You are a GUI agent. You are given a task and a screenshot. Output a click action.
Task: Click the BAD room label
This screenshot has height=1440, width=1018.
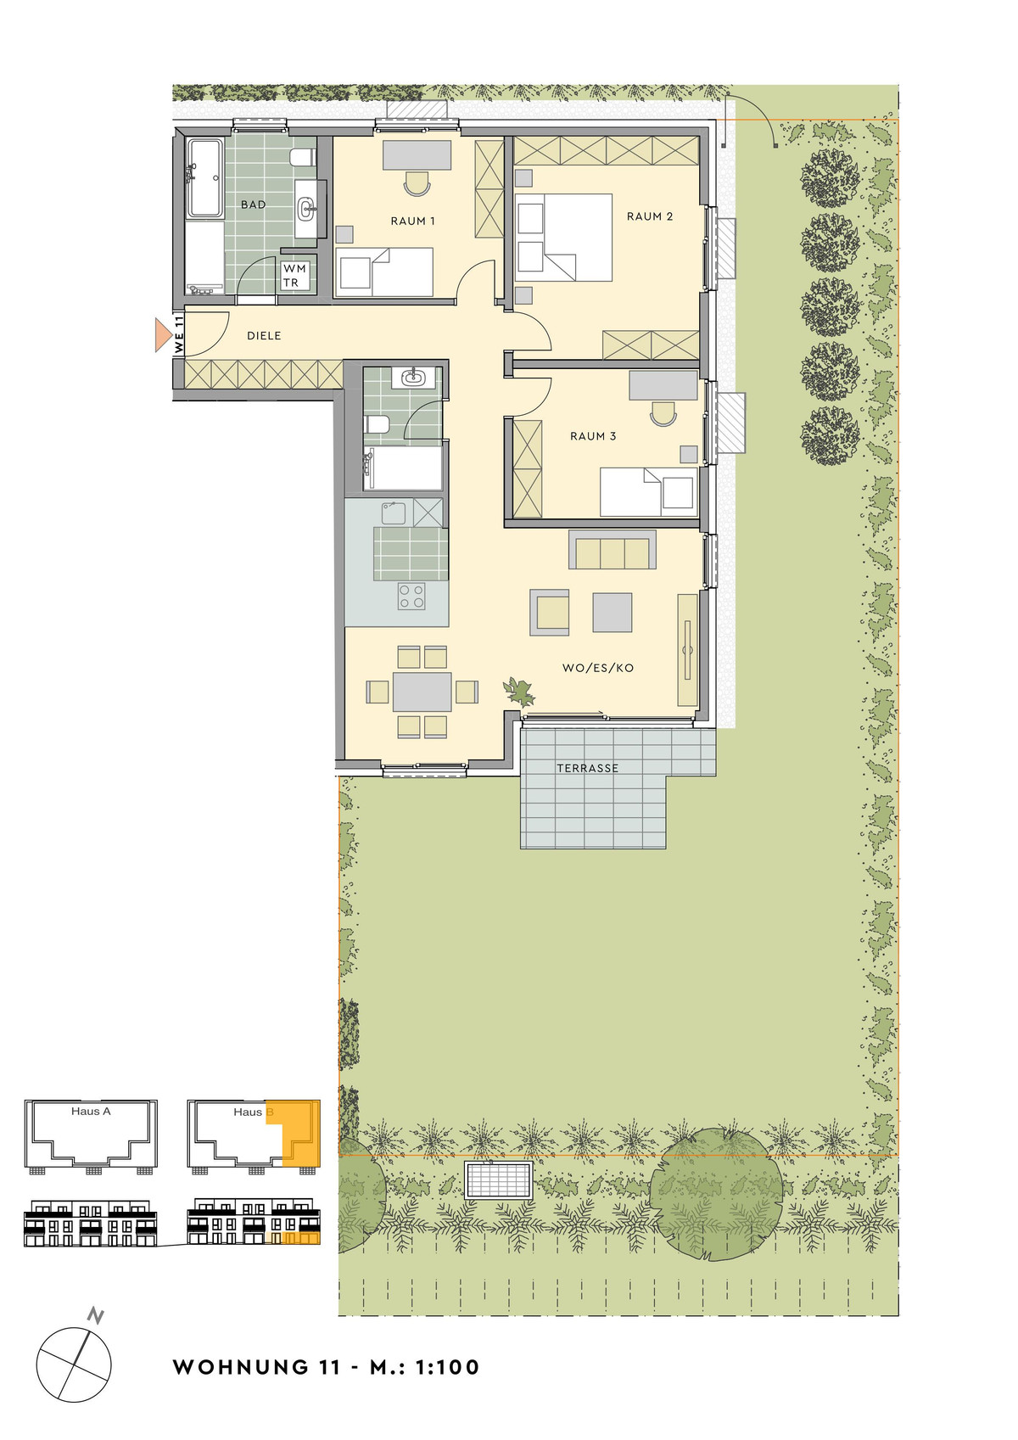point(253,205)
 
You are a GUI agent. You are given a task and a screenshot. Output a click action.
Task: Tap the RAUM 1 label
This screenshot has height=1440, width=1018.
point(412,221)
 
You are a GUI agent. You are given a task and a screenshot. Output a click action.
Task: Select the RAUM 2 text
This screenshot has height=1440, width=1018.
point(650,216)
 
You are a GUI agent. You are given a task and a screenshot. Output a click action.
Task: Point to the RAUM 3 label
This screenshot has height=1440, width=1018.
point(593,436)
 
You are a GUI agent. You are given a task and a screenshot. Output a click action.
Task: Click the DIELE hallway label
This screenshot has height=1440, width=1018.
point(264,335)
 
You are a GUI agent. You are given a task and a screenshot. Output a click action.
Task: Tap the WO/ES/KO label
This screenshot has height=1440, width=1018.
point(598,668)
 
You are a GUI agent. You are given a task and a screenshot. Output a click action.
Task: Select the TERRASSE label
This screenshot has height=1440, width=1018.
point(587,768)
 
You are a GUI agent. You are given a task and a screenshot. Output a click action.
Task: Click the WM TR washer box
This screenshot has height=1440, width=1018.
point(295,275)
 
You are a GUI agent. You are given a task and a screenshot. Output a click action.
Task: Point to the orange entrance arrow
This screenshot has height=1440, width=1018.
point(163,335)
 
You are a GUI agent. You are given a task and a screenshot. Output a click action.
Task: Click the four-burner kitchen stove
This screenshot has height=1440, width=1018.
point(411,596)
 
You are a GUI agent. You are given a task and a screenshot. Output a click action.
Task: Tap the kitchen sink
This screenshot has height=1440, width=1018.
point(394,513)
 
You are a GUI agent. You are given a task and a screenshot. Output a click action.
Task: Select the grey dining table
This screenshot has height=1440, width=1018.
point(422,692)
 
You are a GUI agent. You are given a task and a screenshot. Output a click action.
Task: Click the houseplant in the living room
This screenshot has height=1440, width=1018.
point(519,691)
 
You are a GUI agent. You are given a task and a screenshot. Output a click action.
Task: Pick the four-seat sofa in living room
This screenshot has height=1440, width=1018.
point(612,550)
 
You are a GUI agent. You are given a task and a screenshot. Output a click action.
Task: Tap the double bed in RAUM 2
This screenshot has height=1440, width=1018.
point(563,238)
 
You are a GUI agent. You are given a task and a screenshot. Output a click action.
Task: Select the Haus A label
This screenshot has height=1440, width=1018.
point(91,1111)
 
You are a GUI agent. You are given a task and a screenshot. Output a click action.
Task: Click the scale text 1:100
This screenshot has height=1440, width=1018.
point(447,1367)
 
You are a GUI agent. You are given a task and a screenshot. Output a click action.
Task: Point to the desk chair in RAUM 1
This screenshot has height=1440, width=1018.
point(417,183)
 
